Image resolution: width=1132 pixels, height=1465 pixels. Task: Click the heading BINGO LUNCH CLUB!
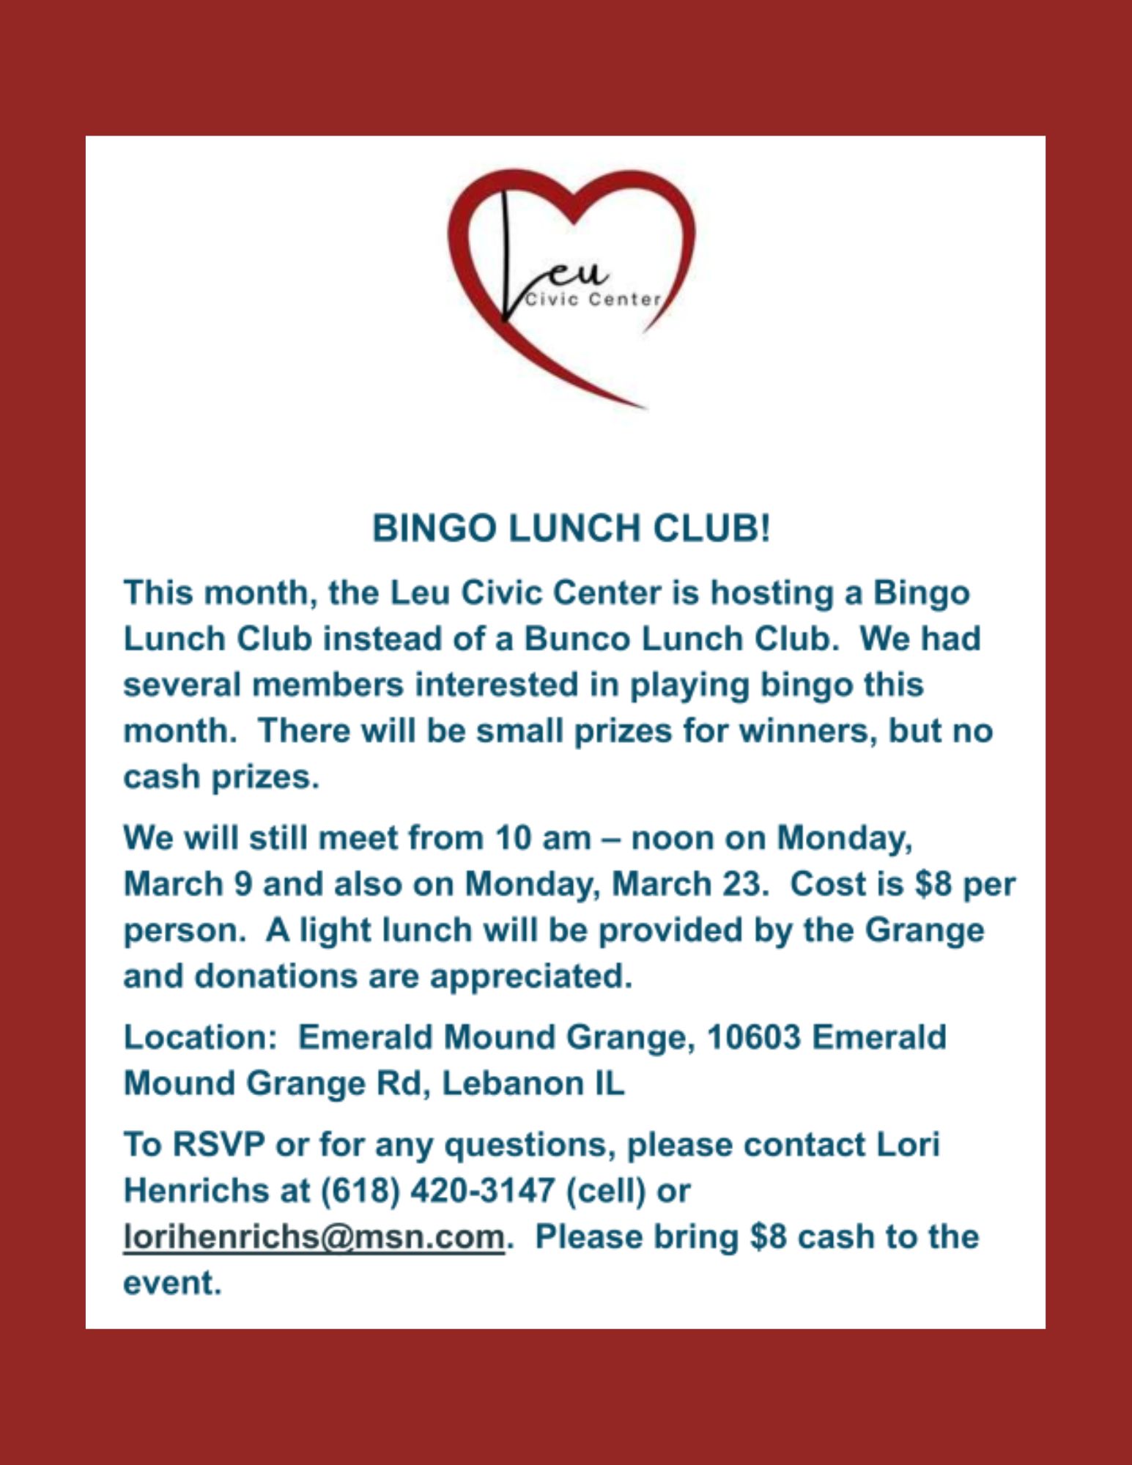(571, 528)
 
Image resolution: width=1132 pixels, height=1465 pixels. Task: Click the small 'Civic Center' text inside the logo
(593, 300)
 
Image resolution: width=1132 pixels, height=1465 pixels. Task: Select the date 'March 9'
(188, 884)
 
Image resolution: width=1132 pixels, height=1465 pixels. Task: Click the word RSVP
(218, 1145)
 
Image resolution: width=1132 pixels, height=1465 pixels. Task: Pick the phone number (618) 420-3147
(437, 1191)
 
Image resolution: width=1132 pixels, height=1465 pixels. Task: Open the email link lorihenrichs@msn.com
(314, 1237)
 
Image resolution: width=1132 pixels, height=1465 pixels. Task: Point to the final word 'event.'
(172, 1283)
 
